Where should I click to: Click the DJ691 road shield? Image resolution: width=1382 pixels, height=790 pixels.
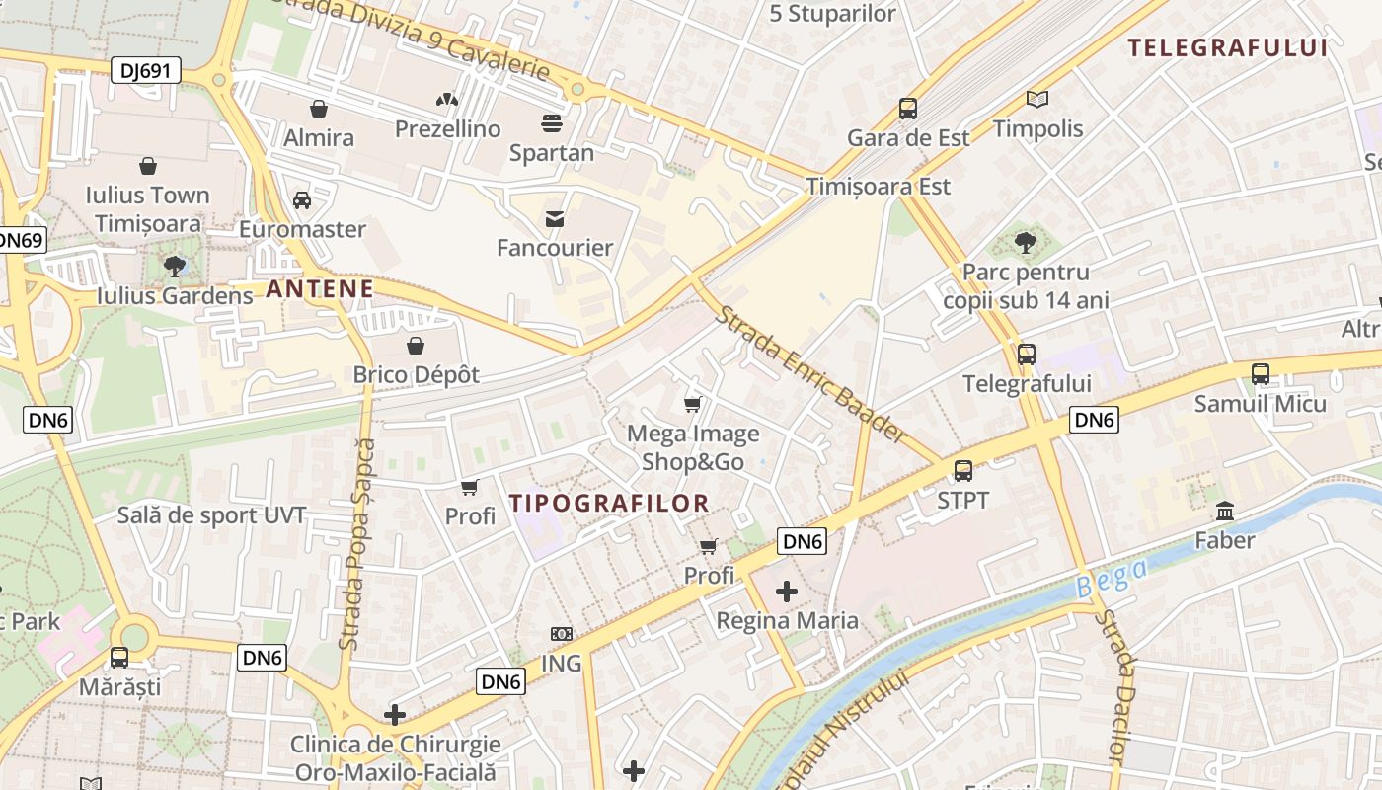pyautogui.click(x=145, y=69)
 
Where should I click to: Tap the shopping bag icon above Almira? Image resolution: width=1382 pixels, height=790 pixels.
pyautogui.click(x=318, y=109)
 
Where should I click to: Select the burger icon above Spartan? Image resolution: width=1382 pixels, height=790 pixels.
pyautogui.click(x=551, y=123)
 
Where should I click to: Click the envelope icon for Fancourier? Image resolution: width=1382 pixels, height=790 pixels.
pyautogui.click(x=555, y=218)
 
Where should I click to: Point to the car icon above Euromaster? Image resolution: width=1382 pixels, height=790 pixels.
pyautogui.click(x=302, y=200)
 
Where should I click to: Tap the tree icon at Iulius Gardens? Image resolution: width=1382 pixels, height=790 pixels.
pyautogui.click(x=175, y=266)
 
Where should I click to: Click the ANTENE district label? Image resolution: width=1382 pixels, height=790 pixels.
pyautogui.click(x=320, y=289)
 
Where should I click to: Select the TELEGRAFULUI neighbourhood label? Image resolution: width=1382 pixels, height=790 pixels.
pyautogui.click(x=1227, y=47)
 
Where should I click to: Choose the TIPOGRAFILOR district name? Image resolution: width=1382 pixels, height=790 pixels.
pyautogui.click(x=609, y=503)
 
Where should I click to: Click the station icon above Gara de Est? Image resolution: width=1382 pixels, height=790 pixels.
pyautogui.click(x=908, y=109)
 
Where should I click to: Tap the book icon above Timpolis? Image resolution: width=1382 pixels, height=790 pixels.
pyautogui.click(x=1036, y=99)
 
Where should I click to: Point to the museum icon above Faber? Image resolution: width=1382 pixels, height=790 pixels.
pyautogui.click(x=1225, y=512)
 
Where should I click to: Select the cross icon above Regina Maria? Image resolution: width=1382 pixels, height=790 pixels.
pyautogui.click(x=787, y=592)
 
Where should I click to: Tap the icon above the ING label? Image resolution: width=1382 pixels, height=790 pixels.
pyautogui.click(x=561, y=634)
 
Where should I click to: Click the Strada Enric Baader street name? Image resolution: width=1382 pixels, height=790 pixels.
pyautogui.click(x=810, y=374)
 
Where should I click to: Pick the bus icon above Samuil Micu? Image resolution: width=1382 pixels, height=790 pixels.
pyautogui.click(x=1261, y=374)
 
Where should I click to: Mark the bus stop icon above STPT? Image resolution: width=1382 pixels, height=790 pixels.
pyautogui.click(x=962, y=471)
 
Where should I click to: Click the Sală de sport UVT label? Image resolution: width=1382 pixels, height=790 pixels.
pyautogui.click(x=211, y=515)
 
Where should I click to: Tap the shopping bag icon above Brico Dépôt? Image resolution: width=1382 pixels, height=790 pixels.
pyautogui.click(x=416, y=346)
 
